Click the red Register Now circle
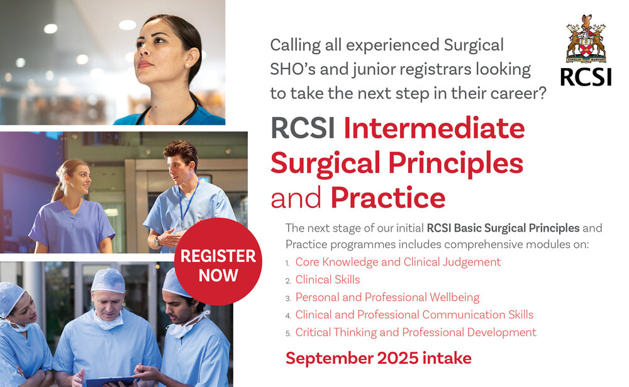coord(218,262)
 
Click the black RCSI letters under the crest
coord(586,77)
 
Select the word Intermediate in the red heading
coord(434,128)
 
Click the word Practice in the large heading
coord(388,198)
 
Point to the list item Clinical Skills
coord(328,280)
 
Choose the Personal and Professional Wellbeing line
coord(387,298)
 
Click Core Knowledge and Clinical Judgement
coord(398,262)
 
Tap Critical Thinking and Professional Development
coord(416,333)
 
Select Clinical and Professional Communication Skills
coord(415,315)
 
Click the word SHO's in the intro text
coord(293,69)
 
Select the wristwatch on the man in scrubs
coord(157,242)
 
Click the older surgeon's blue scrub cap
coord(108,280)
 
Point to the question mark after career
coord(542,93)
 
